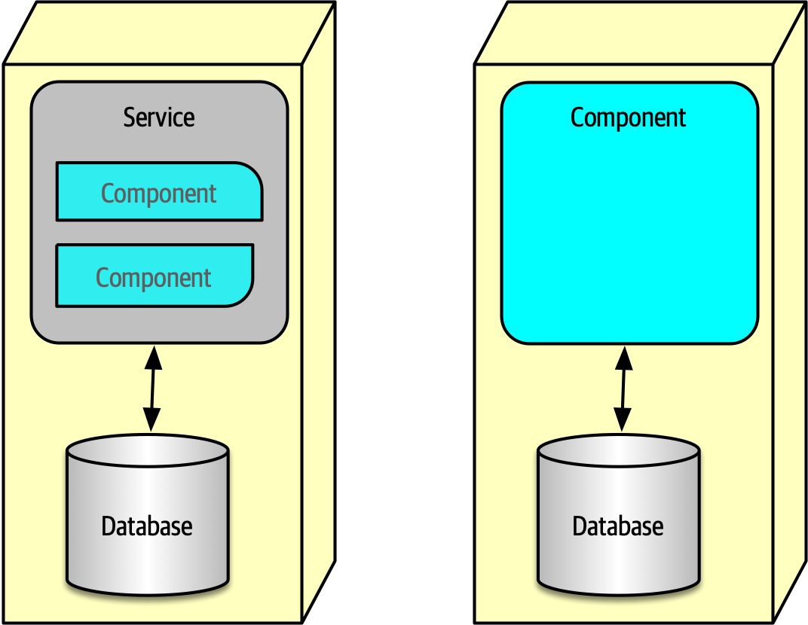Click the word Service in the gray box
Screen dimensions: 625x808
[x=159, y=117]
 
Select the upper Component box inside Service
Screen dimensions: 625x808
[x=159, y=192]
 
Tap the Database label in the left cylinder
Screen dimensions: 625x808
[x=147, y=525]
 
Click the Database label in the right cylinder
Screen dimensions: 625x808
[x=618, y=525]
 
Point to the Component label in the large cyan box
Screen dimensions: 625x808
[x=629, y=117]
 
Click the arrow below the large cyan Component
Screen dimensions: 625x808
[x=623, y=389]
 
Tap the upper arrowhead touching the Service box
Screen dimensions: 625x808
[x=153, y=356]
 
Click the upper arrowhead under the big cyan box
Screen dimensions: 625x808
[x=624, y=357]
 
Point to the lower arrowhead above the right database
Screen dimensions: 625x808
[x=623, y=422]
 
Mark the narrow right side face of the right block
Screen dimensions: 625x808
[x=791, y=316]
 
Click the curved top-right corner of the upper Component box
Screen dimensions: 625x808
[x=251, y=173]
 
